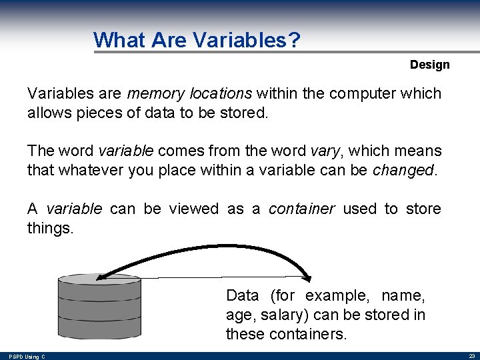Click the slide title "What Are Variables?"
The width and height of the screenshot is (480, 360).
[197, 40]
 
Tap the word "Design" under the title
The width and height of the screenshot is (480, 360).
[429, 65]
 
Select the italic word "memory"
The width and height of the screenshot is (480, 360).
[151, 93]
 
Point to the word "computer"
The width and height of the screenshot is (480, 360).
[364, 93]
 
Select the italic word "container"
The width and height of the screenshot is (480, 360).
[301, 209]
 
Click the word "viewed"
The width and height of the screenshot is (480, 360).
[193, 209]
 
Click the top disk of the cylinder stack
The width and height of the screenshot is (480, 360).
[100, 279]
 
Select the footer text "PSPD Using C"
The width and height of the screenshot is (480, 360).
[27, 357]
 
